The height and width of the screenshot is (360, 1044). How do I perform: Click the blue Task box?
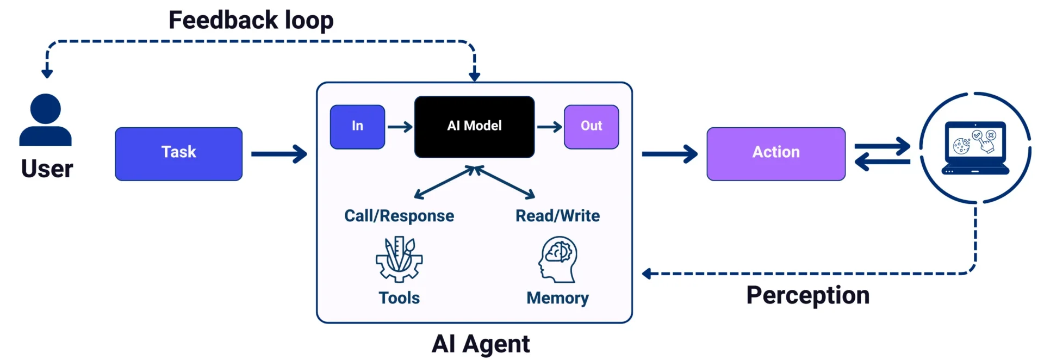click(x=178, y=154)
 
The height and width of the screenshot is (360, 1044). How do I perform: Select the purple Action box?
click(x=776, y=154)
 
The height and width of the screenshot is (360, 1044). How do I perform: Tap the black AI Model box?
click(x=474, y=127)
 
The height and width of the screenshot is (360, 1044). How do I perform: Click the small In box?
click(x=357, y=127)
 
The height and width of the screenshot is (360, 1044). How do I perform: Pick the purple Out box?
click(x=591, y=127)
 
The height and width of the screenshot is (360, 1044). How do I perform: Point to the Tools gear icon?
click(x=399, y=259)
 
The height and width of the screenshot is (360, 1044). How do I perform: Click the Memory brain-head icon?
click(x=558, y=259)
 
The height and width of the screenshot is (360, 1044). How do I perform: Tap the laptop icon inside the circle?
click(x=975, y=147)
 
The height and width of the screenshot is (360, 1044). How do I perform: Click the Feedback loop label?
click(x=251, y=20)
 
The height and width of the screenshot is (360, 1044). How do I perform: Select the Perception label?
click(x=807, y=295)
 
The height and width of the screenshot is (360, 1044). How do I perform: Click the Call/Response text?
click(x=399, y=216)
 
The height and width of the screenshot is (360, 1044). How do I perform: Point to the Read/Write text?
click(x=557, y=216)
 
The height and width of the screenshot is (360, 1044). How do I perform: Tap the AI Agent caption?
click(x=481, y=344)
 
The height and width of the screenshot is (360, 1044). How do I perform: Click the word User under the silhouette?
click(x=47, y=169)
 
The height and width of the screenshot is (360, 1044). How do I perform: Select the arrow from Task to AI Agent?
click(x=279, y=154)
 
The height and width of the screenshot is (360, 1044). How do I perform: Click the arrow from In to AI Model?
click(x=400, y=127)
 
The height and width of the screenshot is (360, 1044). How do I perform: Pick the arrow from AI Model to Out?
click(x=549, y=127)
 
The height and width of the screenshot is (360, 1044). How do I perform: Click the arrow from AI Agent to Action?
click(x=669, y=154)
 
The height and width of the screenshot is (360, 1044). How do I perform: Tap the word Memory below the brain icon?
click(x=557, y=298)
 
